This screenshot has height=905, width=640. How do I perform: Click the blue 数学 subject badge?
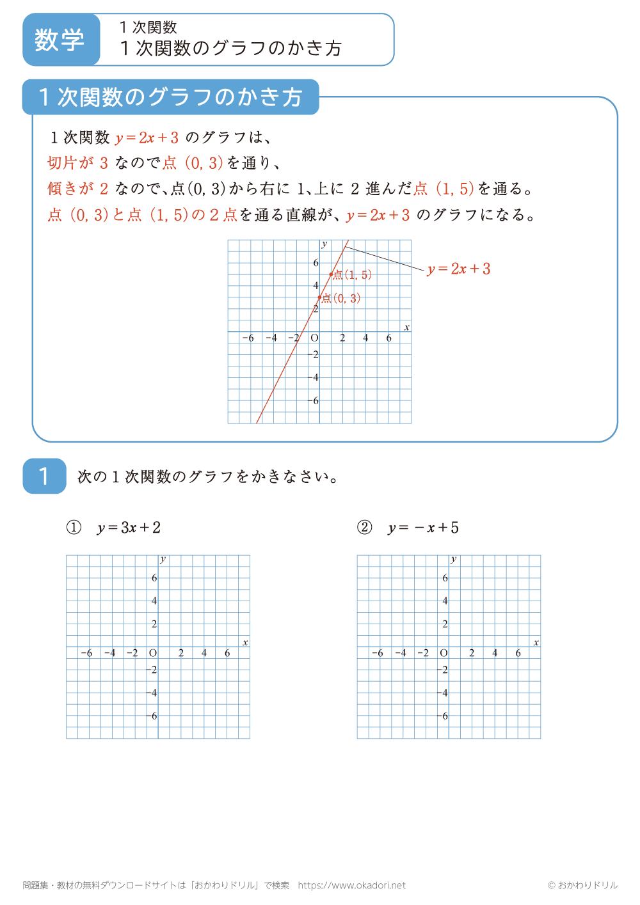tap(60, 40)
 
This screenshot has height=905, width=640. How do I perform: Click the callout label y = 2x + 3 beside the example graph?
tap(459, 269)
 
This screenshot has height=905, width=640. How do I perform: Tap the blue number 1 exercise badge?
tap(44, 476)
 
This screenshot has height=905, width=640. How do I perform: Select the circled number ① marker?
tap(74, 528)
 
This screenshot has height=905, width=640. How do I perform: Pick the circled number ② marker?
tap(365, 528)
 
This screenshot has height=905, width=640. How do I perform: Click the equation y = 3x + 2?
tap(129, 528)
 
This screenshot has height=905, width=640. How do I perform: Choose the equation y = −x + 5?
tap(424, 528)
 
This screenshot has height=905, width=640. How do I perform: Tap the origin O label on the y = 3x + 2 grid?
tap(153, 653)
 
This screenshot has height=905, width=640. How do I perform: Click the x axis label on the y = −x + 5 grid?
tap(536, 642)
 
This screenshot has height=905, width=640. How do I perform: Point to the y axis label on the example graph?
tap(324, 244)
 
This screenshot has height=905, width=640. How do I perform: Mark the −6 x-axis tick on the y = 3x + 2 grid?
tap(86, 653)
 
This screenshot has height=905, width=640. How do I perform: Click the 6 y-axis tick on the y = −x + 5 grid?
tap(445, 578)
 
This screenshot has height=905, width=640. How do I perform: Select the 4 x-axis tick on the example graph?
tap(365, 338)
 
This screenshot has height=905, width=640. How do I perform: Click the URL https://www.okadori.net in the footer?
tap(352, 885)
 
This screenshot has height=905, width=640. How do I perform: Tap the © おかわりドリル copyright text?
tap(582, 885)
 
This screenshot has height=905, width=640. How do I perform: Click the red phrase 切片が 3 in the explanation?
tap(77, 163)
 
